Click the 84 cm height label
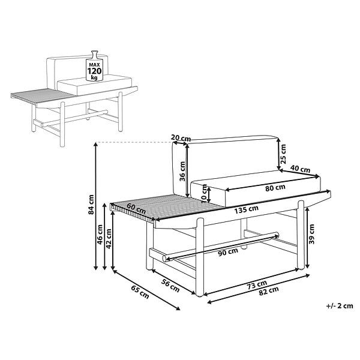pyautogui.click(x=91, y=205)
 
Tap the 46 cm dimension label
pyautogui.click(x=100, y=235)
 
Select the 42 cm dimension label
pyautogui.click(x=109, y=239)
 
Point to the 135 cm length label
pyautogui.click(x=247, y=209)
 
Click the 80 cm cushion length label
pyautogui.click(x=275, y=188)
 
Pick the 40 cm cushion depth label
pyautogui.click(x=300, y=169)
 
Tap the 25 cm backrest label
pyautogui.click(x=284, y=154)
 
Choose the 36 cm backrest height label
pyautogui.click(x=182, y=171)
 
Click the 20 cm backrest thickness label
pyautogui.click(x=181, y=138)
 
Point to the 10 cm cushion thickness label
pyautogui.click(x=205, y=193)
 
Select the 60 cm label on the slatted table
pyautogui.click(x=136, y=208)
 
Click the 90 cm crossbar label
pyautogui.click(x=228, y=252)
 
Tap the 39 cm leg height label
pyautogui.click(x=311, y=234)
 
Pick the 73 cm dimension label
pyautogui.click(x=257, y=285)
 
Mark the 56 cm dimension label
pyautogui.click(x=170, y=286)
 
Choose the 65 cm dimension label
pyautogui.click(x=140, y=292)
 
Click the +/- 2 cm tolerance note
pyautogui.click(x=340, y=306)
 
